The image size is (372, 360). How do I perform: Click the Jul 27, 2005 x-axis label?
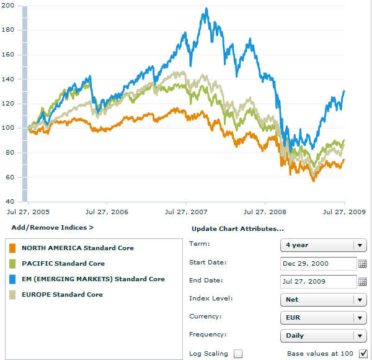pos(29,212)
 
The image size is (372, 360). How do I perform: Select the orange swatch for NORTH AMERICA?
pos(12,248)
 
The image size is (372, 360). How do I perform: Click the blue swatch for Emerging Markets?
pos(12,279)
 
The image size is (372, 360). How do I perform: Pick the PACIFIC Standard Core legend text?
pos(63,264)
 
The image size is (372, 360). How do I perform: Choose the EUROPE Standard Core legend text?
pos(62,294)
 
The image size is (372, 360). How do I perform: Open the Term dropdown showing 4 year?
pos(322,245)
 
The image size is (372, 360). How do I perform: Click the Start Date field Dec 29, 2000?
pos(317,263)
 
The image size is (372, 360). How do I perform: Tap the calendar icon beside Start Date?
pos(363,263)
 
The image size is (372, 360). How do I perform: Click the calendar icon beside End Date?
pos(363,281)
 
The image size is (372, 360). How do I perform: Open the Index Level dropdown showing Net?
pos(322,300)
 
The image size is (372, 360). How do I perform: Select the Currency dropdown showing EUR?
pos(322,318)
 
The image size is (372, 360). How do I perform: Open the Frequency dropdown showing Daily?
pos(322,336)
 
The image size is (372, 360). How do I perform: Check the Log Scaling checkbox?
pos(238,354)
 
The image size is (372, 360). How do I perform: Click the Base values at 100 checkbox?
pos(363,354)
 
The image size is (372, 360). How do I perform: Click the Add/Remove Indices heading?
pos(52,228)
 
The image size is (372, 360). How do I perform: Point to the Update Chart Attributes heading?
pos(237,229)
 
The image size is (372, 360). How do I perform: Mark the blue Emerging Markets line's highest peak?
pos(206,9)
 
